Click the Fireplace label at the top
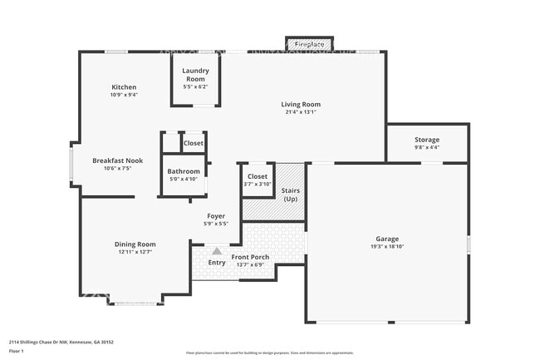tap(309, 43)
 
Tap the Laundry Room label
tap(195, 76)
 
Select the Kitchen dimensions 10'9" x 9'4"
tap(125, 95)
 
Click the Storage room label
tap(427, 140)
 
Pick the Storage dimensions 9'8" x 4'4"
tap(427, 147)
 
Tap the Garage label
tap(387, 239)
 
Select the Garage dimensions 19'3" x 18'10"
tap(387, 246)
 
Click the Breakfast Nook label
tap(112, 160)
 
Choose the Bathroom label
tap(184, 171)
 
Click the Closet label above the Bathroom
tap(194, 143)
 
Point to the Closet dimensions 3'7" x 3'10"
tap(257, 184)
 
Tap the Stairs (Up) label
tap(291, 195)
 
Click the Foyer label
tap(216, 216)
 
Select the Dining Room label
tap(135, 244)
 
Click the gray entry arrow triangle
tap(217, 250)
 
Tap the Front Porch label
tap(249, 257)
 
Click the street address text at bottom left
tap(61, 341)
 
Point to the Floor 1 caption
tap(17, 352)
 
